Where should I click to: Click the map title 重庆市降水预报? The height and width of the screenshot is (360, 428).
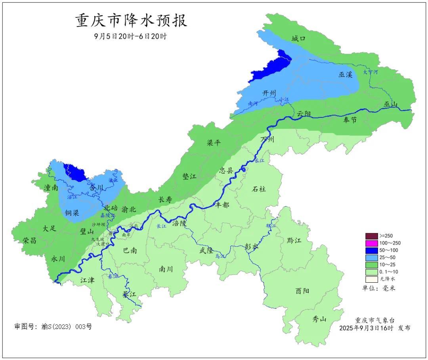(131, 21)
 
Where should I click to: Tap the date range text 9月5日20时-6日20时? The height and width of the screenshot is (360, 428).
(131, 36)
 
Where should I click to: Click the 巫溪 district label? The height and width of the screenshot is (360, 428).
(345, 75)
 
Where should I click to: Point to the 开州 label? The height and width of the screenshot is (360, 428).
(269, 93)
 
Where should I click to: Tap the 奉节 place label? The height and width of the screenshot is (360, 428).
(350, 120)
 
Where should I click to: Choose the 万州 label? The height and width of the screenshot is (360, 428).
(267, 140)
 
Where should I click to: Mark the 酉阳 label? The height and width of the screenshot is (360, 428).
(302, 291)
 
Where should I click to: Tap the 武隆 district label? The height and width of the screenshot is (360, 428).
(206, 250)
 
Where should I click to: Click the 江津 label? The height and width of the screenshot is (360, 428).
(87, 280)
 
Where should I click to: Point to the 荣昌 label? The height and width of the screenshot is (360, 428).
(29, 240)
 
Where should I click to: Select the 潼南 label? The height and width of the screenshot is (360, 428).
(52, 188)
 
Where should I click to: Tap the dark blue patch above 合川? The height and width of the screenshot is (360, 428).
(75, 172)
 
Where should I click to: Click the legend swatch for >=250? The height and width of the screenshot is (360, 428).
(371, 236)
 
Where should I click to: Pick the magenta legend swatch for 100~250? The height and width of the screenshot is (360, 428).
(371, 243)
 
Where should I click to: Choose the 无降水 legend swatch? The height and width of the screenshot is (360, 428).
(371, 279)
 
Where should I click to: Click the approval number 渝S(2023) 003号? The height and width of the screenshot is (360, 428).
(53, 327)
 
